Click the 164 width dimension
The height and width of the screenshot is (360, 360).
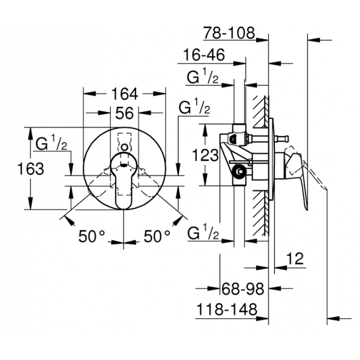click(124, 94)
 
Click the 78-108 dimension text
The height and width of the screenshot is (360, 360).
click(229, 32)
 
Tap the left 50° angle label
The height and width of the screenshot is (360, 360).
click(91, 235)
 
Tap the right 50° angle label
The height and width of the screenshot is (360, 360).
click(157, 235)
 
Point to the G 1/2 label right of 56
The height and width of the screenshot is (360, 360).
click(194, 108)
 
